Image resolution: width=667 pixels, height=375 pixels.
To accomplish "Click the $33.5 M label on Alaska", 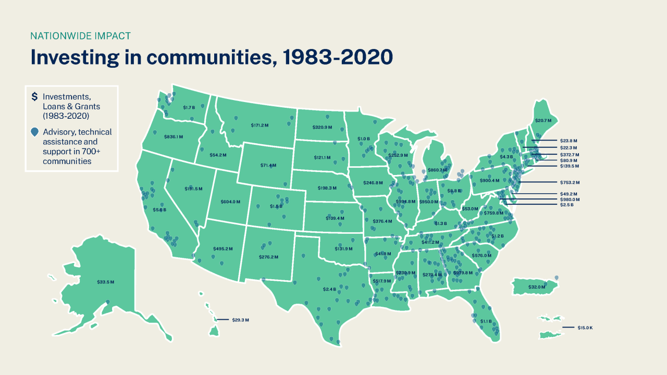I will (x=105, y=282).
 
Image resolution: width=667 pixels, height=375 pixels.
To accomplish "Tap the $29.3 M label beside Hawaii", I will (x=240, y=319).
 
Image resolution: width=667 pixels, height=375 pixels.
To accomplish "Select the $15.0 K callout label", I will (x=585, y=327).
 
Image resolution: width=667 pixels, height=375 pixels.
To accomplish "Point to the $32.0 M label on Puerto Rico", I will (x=536, y=287).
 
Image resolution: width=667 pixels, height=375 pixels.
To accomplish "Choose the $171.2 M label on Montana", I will (x=259, y=125).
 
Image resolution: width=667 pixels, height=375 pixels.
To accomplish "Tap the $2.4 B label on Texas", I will (x=329, y=289).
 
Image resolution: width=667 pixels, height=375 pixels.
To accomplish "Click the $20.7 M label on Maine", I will (x=542, y=120).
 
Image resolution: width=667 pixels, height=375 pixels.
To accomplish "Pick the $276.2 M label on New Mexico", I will (x=268, y=257).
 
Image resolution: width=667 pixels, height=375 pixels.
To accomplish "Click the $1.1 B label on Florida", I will (x=486, y=321).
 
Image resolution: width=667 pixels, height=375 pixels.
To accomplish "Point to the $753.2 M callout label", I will (x=569, y=182).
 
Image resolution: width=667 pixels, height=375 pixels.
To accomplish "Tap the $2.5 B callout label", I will (x=566, y=205).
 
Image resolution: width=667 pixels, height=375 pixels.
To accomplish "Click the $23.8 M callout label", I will (x=569, y=141).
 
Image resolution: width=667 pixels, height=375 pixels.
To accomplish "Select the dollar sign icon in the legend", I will (x=34, y=96).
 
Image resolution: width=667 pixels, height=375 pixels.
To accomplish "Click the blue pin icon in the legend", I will (x=34, y=132).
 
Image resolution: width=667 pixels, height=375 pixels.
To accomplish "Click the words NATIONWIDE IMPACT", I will (x=80, y=36).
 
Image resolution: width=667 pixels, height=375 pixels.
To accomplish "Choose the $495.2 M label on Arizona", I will (x=223, y=249).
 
